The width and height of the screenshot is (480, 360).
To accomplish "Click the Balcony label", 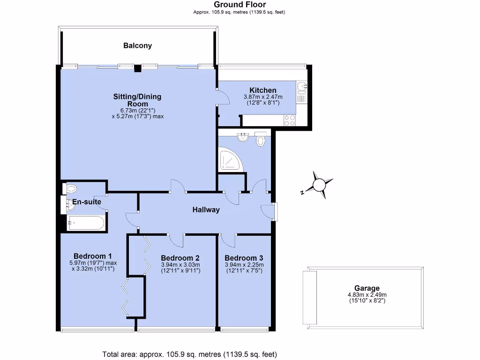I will pyautogui.click(x=137, y=46).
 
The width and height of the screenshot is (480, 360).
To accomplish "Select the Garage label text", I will pyautogui.click(x=367, y=288).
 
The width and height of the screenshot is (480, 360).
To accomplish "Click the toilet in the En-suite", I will pyautogui.click(x=71, y=188).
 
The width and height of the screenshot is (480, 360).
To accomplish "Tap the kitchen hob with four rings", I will pyautogui.click(x=289, y=120).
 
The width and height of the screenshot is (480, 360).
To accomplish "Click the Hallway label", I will pyautogui.click(x=206, y=210).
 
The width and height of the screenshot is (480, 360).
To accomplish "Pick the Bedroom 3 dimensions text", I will pyautogui.click(x=244, y=268).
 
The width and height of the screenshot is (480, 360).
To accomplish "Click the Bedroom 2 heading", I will pyautogui.click(x=180, y=258).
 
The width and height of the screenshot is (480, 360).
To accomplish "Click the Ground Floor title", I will pyautogui.click(x=240, y=5).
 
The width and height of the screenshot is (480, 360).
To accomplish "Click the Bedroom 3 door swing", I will pyautogui.click(x=228, y=240).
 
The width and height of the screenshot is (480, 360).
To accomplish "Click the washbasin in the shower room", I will pyautogui.click(x=243, y=137).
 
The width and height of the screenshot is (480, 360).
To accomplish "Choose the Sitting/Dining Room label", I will pyautogui.click(x=137, y=100).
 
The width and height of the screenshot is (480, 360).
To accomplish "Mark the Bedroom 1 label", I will pyautogui.click(x=92, y=256).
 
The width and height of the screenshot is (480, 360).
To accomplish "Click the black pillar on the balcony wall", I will pyautogui.click(x=137, y=68).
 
